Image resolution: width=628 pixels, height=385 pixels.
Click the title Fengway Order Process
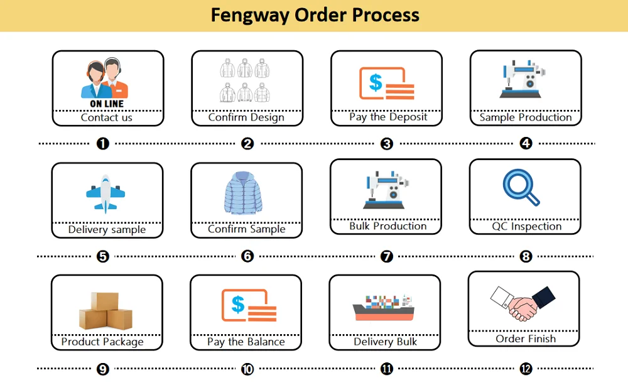(x=315, y=14)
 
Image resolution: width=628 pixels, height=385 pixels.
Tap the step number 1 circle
(x=103, y=144)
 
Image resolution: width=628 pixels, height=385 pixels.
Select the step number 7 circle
(x=387, y=256)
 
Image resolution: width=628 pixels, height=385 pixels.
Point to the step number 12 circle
(x=526, y=369)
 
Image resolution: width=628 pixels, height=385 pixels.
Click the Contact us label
(x=107, y=117)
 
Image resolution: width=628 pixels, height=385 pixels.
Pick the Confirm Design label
(x=246, y=117)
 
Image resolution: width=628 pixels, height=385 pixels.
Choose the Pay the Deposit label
(x=388, y=117)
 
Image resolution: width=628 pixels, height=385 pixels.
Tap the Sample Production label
(x=526, y=117)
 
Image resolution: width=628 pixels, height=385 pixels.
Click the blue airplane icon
(x=106, y=193)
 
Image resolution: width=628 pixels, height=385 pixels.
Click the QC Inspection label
(x=526, y=227)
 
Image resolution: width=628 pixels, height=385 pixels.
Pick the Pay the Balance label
(x=246, y=342)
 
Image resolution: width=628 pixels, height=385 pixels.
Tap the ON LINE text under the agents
(x=107, y=104)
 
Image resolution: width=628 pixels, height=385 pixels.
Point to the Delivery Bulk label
(x=385, y=342)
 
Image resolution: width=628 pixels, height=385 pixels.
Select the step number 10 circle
(x=247, y=369)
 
